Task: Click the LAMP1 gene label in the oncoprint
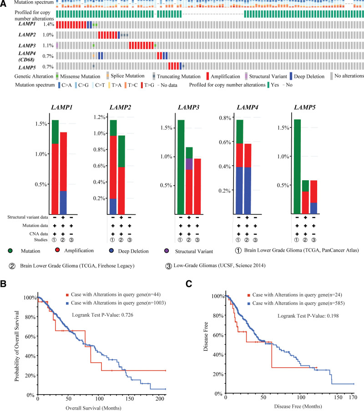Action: coord(23,25)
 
